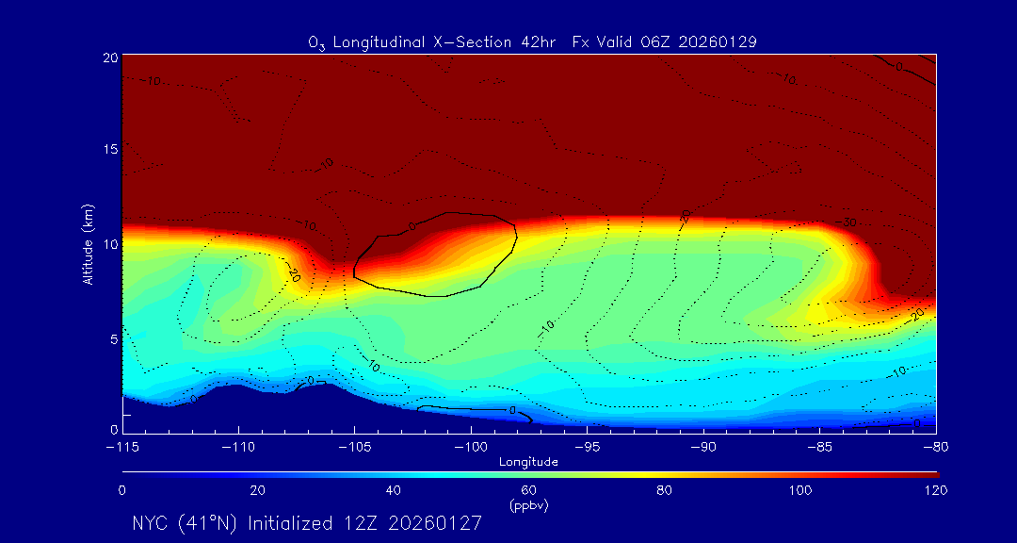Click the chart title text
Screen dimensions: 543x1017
[x=533, y=41]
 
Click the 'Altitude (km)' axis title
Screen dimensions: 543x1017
[x=88, y=243]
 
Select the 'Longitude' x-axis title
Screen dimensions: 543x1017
[x=528, y=462]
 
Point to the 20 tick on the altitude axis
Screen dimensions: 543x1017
[x=109, y=58]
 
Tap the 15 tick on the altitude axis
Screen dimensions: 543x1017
[x=109, y=150]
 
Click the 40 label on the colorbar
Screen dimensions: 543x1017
[x=394, y=490]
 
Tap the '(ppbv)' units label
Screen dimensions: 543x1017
[x=528, y=505]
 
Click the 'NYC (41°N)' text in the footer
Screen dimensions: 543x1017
[x=186, y=523]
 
